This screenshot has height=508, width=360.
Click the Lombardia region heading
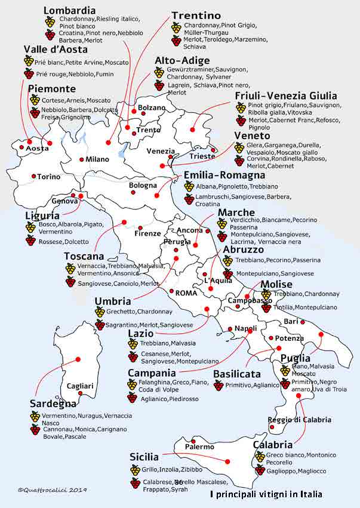tap(69, 10)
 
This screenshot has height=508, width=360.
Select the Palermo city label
tap(199, 447)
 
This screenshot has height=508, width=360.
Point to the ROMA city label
tap(186, 293)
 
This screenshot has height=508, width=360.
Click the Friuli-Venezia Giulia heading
tap(285, 96)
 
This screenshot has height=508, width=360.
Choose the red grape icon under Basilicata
tap(219, 386)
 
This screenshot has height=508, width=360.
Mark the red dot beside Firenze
tap(140, 227)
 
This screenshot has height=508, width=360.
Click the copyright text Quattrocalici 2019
tap(53, 489)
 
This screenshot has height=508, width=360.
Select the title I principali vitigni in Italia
tap(266, 494)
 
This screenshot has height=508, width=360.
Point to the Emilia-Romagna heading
tap(224, 176)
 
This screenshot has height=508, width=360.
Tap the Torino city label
tap(48, 177)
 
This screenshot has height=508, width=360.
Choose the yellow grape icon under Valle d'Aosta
tap(29, 61)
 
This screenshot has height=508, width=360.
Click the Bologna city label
tap(143, 186)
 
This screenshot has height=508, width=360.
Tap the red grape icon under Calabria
tap(260, 470)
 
